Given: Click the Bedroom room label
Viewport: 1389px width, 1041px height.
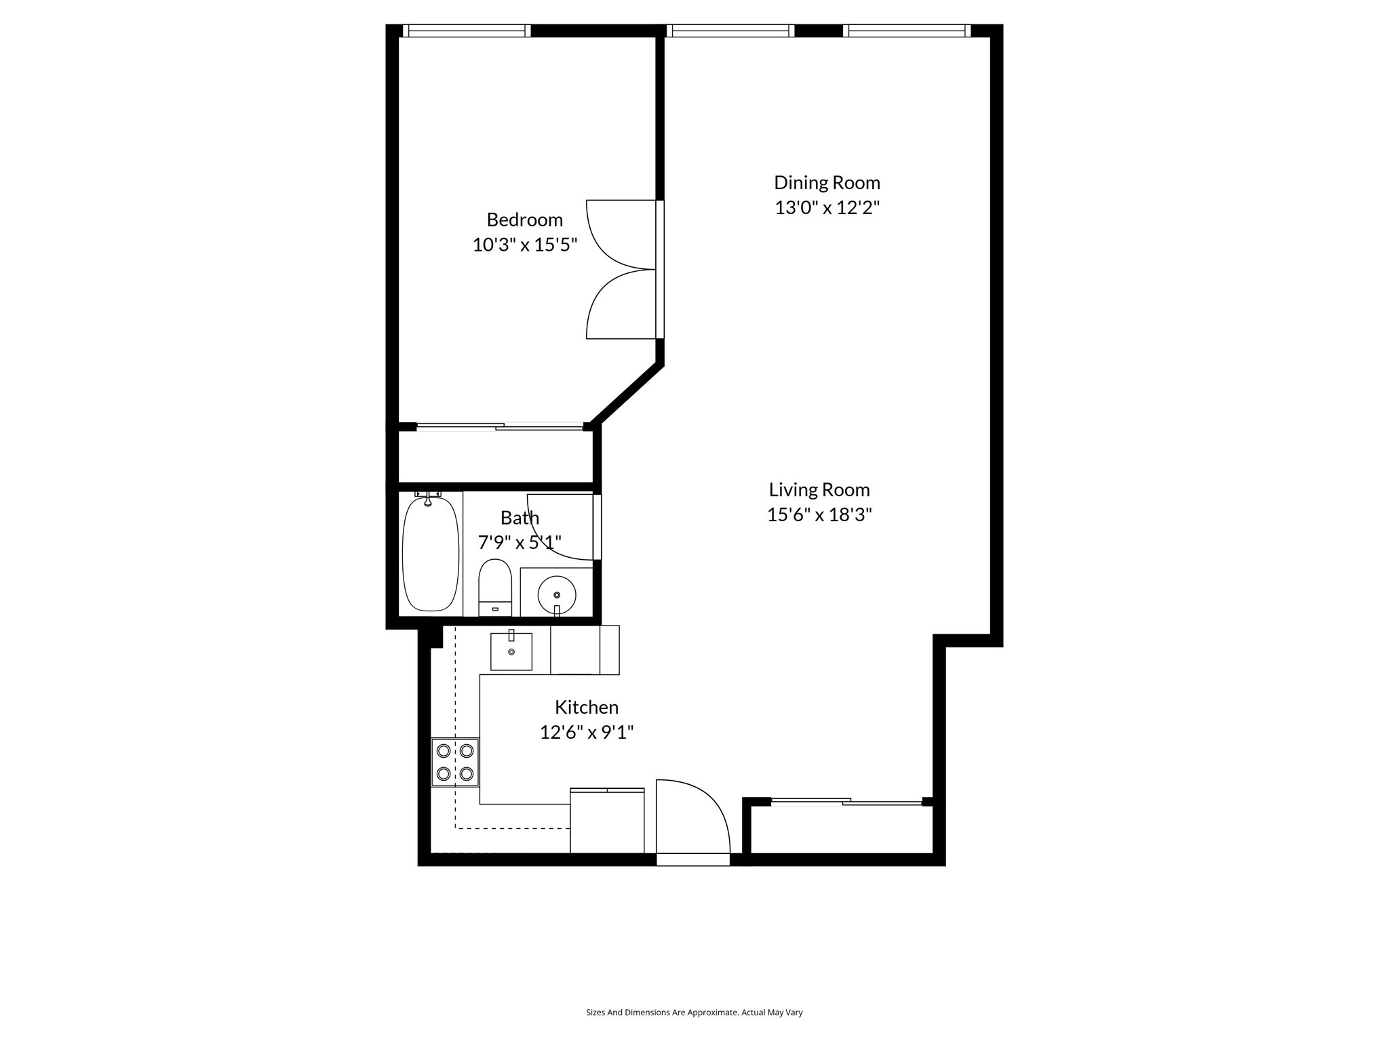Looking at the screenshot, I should point(524,220).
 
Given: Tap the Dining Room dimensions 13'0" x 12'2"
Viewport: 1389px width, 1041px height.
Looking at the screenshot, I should point(827,207).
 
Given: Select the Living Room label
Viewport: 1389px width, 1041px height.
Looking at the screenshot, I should point(819,489).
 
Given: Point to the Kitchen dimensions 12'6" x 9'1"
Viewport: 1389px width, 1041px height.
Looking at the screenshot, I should point(586,732).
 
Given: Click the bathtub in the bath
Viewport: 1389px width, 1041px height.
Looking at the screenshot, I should point(430,554).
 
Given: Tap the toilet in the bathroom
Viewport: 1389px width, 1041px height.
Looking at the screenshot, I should point(494,586).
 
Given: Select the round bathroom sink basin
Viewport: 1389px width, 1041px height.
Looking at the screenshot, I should point(557,596).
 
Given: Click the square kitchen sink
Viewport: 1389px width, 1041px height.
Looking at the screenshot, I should point(511,651).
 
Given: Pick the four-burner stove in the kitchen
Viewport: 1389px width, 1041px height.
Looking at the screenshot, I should point(455,762).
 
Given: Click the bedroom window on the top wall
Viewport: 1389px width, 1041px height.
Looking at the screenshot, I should point(466,30).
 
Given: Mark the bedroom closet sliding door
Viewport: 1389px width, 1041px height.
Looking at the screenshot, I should point(500,426).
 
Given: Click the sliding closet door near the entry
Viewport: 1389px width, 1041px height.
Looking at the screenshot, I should point(846,802).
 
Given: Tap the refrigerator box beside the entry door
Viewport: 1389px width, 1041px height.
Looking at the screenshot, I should point(606,821).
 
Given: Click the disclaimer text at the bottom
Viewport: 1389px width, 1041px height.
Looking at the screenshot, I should point(694,1013).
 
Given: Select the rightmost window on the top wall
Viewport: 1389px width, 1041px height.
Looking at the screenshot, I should point(907,30).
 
